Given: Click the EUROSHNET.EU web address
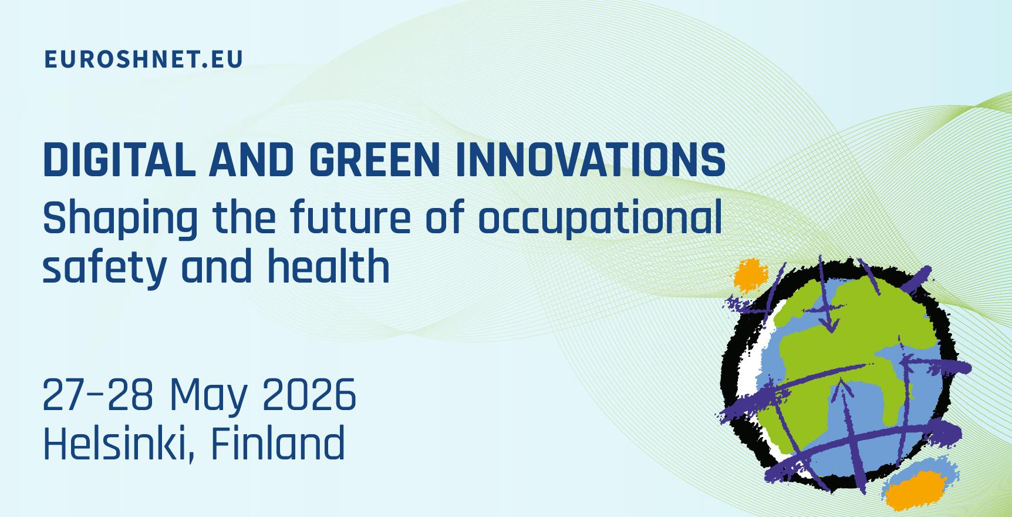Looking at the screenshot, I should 143,59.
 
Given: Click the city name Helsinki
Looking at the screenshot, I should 118,441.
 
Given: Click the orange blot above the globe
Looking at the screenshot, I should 751,275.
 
